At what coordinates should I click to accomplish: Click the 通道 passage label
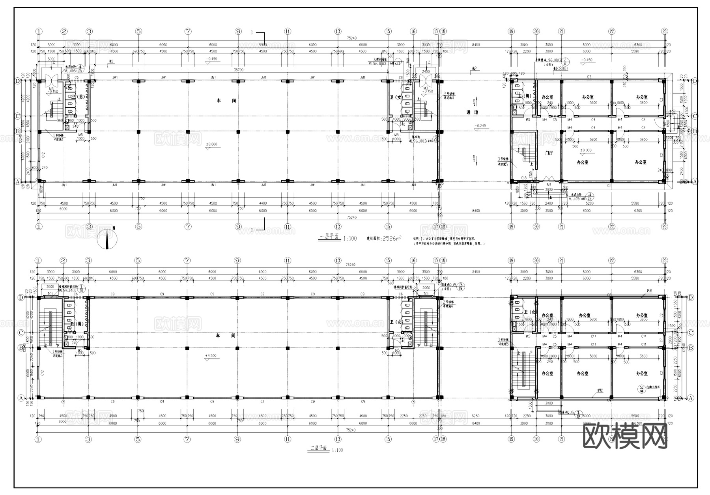pyautogui.click(x=472, y=112)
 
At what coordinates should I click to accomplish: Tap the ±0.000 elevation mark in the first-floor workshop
pyautogui.click(x=211, y=144)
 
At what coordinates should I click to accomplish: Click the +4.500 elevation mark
pyautogui.click(x=211, y=355)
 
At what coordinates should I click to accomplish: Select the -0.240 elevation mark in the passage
pyautogui.click(x=480, y=126)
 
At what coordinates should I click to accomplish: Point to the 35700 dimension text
pyautogui.click(x=238, y=69)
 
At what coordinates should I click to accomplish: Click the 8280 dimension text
pyautogui.click(x=476, y=416)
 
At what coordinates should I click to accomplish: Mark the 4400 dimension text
pyautogui.click(x=263, y=204)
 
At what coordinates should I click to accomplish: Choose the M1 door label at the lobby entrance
pyautogui.click(x=549, y=184)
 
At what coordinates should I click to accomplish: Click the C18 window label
pyautogui.click(x=524, y=177)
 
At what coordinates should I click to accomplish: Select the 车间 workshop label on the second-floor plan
pyautogui.click(x=225, y=335)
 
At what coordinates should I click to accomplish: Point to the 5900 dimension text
pyautogui.click(x=263, y=45)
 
